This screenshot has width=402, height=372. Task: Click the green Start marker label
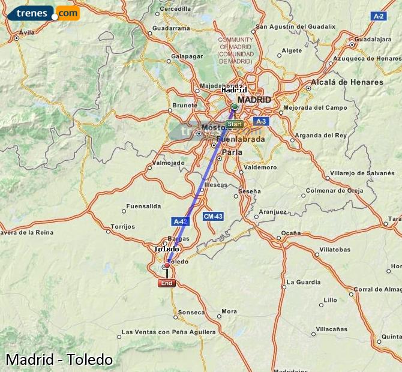tap(235, 124)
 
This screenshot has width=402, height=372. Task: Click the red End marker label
tap(167, 283)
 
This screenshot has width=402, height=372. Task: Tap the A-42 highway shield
tap(181, 221)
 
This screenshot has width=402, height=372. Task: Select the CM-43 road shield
tap(213, 216)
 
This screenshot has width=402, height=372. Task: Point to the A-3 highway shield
tap(259, 121)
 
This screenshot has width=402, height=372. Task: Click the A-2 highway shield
tap(378, 16)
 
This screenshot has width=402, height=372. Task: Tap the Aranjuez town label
tap(273, 212)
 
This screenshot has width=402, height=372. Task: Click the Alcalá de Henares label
tap(347, 82)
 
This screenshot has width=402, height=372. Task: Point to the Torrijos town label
tap(124, 227)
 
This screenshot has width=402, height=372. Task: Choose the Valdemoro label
tap(260, 167)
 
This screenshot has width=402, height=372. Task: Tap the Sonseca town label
tap(192, 312)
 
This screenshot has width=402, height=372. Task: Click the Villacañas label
tap(332, 329)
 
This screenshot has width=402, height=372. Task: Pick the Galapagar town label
tap(187, 56)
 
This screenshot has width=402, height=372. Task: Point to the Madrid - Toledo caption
tap(59, 359)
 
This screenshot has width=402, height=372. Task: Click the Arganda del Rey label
tap(321, 135)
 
